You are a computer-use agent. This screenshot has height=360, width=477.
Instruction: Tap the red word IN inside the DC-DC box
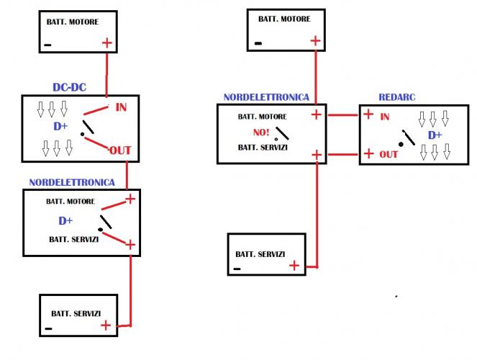click(122, 108)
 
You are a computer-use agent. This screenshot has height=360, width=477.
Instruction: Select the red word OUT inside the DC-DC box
click(120, 150)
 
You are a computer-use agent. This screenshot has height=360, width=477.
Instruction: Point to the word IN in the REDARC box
click(385, 116)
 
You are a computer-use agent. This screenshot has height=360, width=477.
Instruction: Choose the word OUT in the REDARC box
click(389, 154)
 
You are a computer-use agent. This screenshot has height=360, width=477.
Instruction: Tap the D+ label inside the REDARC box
click(435, 135)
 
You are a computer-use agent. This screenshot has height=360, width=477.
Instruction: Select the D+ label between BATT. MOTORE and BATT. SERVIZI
click(66, 220)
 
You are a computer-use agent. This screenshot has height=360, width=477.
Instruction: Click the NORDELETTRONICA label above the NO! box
click(266, 96)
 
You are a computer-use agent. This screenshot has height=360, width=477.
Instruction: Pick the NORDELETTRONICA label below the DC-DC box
click(71, 183)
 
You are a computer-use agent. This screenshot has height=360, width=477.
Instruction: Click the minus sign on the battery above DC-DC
click(48, 44)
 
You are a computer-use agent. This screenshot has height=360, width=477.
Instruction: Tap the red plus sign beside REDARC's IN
click(368, 114)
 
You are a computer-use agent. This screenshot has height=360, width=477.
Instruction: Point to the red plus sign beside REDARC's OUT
click(368, 153)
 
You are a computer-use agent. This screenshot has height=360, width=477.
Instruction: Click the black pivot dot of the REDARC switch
click(400, 143)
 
